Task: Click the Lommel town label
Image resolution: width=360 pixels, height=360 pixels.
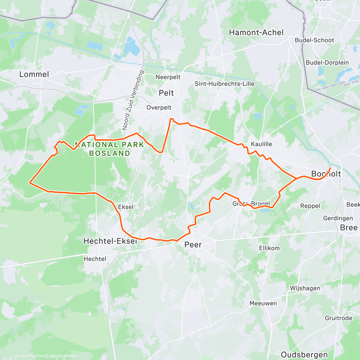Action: pos(34,74)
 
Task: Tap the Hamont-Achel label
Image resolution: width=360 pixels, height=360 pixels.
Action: pos(256,32)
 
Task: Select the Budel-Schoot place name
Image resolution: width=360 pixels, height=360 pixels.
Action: pos(314,40)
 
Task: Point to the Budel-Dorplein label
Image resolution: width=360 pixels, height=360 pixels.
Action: pos(327,63)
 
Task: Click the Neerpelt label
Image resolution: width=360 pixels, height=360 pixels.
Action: pos(168,77)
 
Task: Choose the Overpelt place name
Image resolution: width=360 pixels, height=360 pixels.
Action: pos(159,107)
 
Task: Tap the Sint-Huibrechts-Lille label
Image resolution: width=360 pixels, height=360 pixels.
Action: pos(224,84)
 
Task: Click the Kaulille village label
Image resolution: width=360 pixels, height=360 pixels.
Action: pos(261,144)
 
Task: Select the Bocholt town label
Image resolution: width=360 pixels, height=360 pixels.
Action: pos(326,174)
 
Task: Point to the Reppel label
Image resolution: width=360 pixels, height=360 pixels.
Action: pos(310,206)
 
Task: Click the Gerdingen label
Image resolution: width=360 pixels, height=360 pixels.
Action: pos(338,218)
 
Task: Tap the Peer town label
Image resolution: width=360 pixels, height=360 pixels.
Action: pos(193,245)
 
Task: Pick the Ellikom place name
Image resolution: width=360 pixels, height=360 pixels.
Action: pos(269,248)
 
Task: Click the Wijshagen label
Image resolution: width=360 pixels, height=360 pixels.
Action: pos(305,288)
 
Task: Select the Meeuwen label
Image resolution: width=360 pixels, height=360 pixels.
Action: pos(263,303)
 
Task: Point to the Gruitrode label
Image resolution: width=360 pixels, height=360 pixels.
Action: pos(338,318)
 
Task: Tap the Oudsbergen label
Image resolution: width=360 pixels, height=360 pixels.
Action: pos(304,355)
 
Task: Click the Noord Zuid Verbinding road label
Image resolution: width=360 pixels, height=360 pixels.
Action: pos(133,100)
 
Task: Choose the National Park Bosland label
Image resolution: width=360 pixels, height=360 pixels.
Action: pos(109,149)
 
